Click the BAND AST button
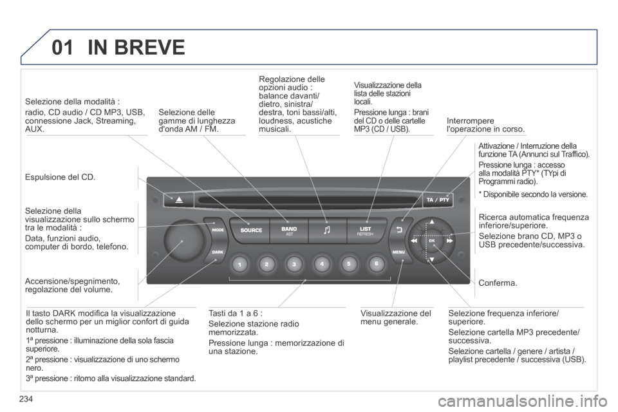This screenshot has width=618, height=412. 288,230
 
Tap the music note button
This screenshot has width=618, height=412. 327,230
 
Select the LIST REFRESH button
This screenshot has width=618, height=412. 366,230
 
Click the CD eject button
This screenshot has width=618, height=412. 176,200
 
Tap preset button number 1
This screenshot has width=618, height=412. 238,265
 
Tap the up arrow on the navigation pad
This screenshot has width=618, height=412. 432,223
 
